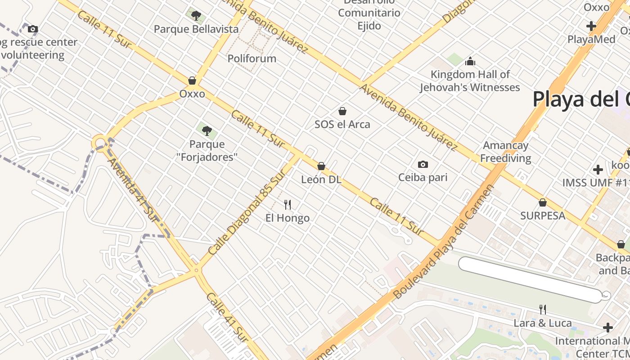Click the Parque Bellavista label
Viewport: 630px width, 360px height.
tap(196, 29)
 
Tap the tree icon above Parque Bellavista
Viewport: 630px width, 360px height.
tap(196, 16)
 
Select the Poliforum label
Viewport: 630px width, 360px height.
tap(252, 58)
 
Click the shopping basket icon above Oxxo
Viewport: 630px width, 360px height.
tap(192, 81)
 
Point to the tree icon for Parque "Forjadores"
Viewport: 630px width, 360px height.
tap(207, 131)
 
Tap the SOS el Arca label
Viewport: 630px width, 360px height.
tap(342, 124)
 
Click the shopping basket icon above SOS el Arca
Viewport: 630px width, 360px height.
tap(342, 111)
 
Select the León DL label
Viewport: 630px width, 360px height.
tap(321, 180)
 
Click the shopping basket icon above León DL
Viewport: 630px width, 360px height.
tap(321, 166)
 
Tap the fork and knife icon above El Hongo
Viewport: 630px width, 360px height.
tap(288, 205)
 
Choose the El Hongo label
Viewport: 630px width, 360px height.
tap(288, 218)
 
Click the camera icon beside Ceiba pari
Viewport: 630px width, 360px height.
tap(423, 164)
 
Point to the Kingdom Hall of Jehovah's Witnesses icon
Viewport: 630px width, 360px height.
tap(470, 61)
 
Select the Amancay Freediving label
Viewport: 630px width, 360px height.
tap(505, 152)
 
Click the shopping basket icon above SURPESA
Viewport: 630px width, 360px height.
tap(543, 202)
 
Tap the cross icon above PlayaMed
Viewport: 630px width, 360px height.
tap(591, 26)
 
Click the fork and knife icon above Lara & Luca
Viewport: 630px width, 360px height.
tap(543, 309)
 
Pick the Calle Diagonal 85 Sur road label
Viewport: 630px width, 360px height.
tap(247, 212)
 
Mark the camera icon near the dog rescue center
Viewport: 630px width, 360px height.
tap(32, 29)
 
